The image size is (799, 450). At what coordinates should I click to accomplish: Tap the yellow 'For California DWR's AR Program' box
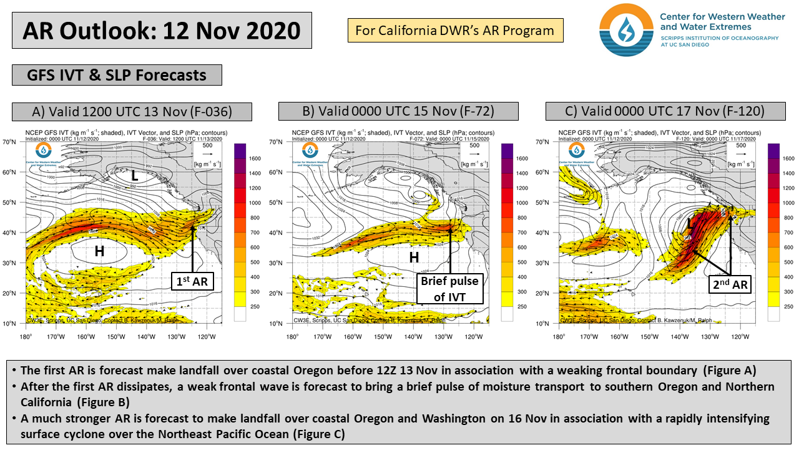[x=455, y=30]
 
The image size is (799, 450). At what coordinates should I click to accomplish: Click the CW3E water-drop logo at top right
[x=626, y=29]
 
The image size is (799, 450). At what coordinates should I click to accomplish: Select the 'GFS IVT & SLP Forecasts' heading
[x=117, y=75]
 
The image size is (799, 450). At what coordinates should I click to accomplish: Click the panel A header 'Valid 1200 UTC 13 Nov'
[x=132, y=112]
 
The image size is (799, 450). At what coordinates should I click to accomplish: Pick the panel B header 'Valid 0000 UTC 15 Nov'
[x=398, y=112]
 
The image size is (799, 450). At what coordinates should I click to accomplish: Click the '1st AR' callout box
[x=192, y=282]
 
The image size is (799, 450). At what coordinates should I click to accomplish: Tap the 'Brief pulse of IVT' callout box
[x=449, y=289]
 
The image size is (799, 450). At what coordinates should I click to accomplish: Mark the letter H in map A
[x=99, y=251]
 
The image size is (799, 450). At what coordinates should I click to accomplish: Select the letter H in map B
[x=413, y=257]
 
